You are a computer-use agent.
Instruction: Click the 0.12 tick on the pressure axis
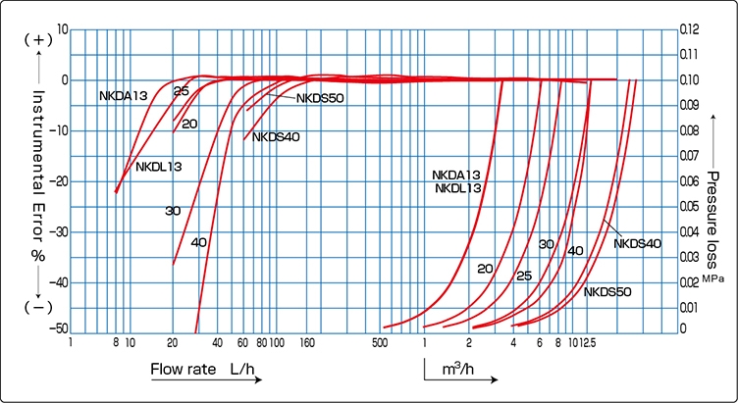(691, 29)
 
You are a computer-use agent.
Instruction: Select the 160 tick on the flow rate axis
(306, 344)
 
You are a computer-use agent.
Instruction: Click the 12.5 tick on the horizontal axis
(588, 344)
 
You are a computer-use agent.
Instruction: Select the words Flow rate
(184, 370)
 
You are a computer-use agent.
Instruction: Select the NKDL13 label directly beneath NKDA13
(457, 187)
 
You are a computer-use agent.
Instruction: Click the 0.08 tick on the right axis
(691, 130)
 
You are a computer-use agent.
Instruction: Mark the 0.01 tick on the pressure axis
(691, 307)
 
